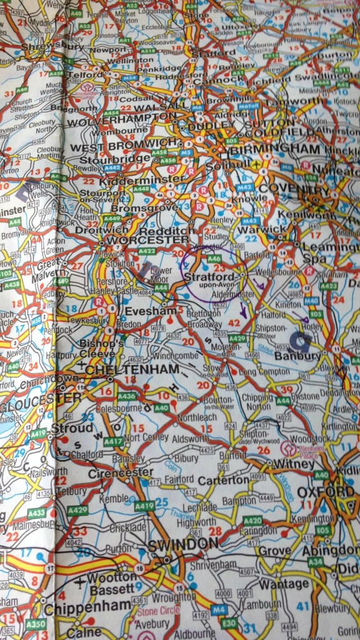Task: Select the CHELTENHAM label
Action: [x=123, y=370]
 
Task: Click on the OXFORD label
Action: [x=325, y=492]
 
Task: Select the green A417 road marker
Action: [x=113, y=442]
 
